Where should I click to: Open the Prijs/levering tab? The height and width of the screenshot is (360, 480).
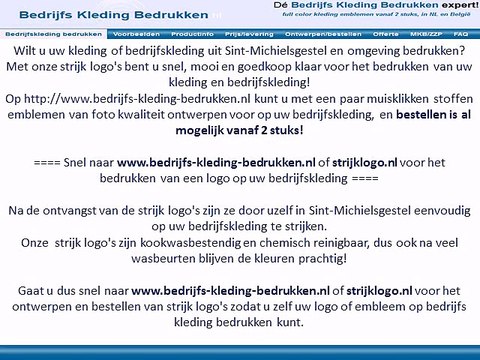point(230,33)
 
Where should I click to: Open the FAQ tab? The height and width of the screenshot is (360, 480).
point(460,33)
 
